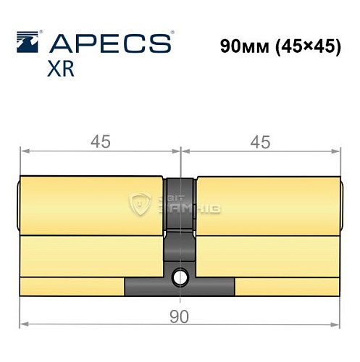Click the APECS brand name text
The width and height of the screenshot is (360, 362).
pyautogui.click(x=109, y=44)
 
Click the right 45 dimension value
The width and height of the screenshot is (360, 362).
pyautogui.click(x=259, y=143)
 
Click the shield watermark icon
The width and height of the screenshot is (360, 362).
pyautogui.click(x=138, y=205)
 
